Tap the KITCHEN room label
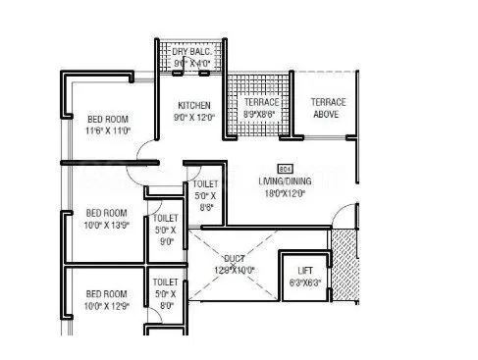coord(193,104)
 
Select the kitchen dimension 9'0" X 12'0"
coord(193,117)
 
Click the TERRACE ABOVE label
coord(326,108)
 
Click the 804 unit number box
coord(287,169)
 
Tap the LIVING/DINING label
coord(287,181)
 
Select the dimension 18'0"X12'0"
coord(287,194)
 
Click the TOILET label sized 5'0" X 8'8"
coord(205,183)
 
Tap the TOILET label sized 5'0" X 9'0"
coord(165,218)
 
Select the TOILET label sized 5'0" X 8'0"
coord(165,283)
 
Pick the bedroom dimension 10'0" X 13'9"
coord(106,225)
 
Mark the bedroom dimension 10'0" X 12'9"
coord(106,305)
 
